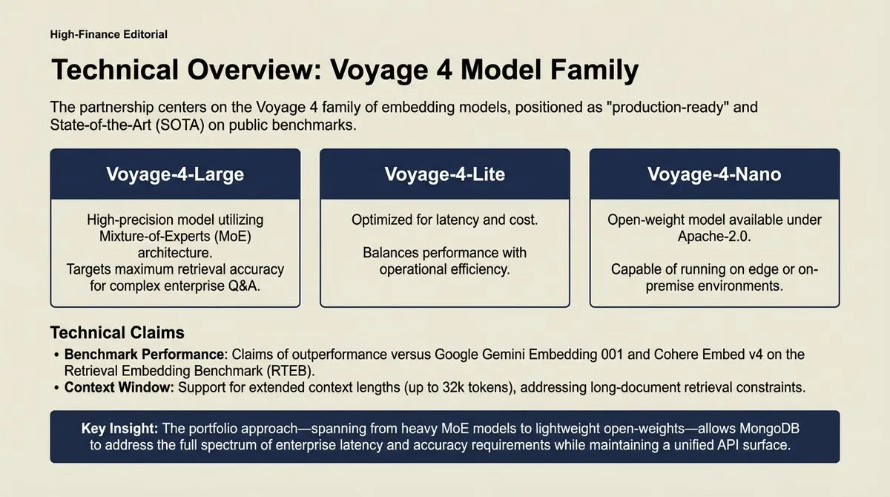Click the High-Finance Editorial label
coord(108,34)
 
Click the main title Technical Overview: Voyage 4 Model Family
coord(345,70)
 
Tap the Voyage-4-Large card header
coord(175,174)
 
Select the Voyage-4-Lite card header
coord(444,174)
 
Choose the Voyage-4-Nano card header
coord(714,174)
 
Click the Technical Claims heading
coord(117,332)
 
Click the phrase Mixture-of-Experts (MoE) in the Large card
coord(174,237)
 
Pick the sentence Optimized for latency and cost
coord(444,220)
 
